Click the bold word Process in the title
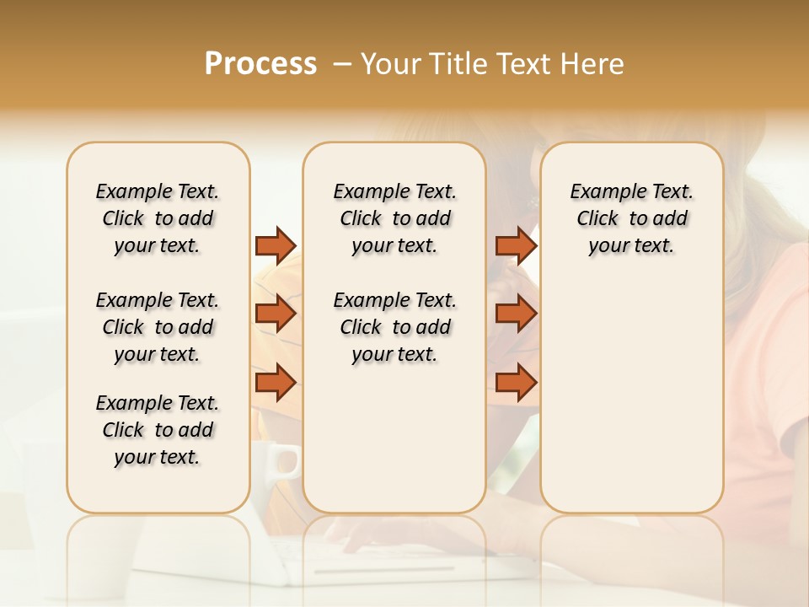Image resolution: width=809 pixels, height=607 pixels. tap(260, 64)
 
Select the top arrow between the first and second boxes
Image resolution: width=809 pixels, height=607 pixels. tap(276, 245)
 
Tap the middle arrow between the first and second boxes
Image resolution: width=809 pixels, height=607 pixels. tap(276, 314)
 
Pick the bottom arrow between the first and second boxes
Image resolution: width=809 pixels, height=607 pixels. tap(276, 383)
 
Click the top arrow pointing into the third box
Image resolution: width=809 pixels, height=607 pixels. tap(516, 245)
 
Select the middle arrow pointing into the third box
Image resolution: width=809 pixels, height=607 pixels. tap(516, 314)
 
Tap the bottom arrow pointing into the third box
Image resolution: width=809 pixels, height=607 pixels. tap(516, 383)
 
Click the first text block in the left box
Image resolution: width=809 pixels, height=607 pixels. tap(158, 218)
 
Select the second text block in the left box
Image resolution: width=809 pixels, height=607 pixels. tap(158, 327)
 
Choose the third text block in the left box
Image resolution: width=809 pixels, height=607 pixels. tap(158, 430)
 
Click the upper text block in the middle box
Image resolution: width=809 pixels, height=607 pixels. tap(394, 218)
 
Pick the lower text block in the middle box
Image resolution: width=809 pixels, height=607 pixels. tap(394, 327)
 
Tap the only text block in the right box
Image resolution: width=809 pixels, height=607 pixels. tap(631, 218)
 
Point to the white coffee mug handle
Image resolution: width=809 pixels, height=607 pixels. tap(289, 461)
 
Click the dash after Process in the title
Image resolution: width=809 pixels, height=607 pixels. tap(341, 64)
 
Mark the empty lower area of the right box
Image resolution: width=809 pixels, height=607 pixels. tap(631, 396)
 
